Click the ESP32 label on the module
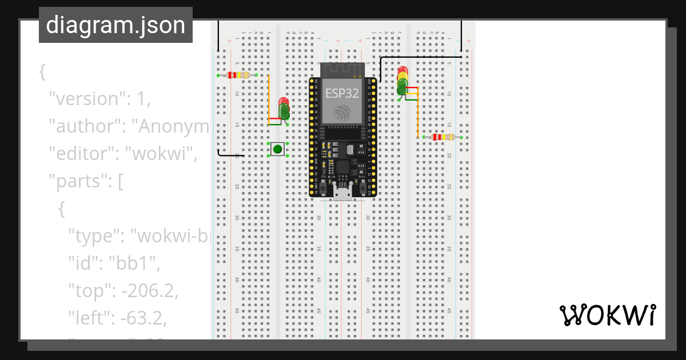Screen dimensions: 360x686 [x=342, y=93]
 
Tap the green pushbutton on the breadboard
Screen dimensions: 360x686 [x=278, y=149]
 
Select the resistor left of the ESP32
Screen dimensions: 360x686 [x=238, y=75]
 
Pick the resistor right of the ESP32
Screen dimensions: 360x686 [x=443, y=137]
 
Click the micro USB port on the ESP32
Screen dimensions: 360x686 [x=342, y=193]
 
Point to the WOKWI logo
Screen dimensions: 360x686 [x=607, y=315]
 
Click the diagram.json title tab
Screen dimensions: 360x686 [x=115, y=25]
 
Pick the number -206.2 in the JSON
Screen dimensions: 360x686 [x=147, y=291]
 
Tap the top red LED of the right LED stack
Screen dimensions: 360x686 [x=402, y=71]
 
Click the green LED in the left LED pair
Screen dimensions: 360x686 [x=284, y=112]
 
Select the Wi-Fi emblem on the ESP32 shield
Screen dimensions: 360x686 [x=342, y=111]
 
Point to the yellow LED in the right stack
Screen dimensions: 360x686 [x=402, y=79]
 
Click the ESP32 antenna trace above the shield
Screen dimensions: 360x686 [x=342, y=70]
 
